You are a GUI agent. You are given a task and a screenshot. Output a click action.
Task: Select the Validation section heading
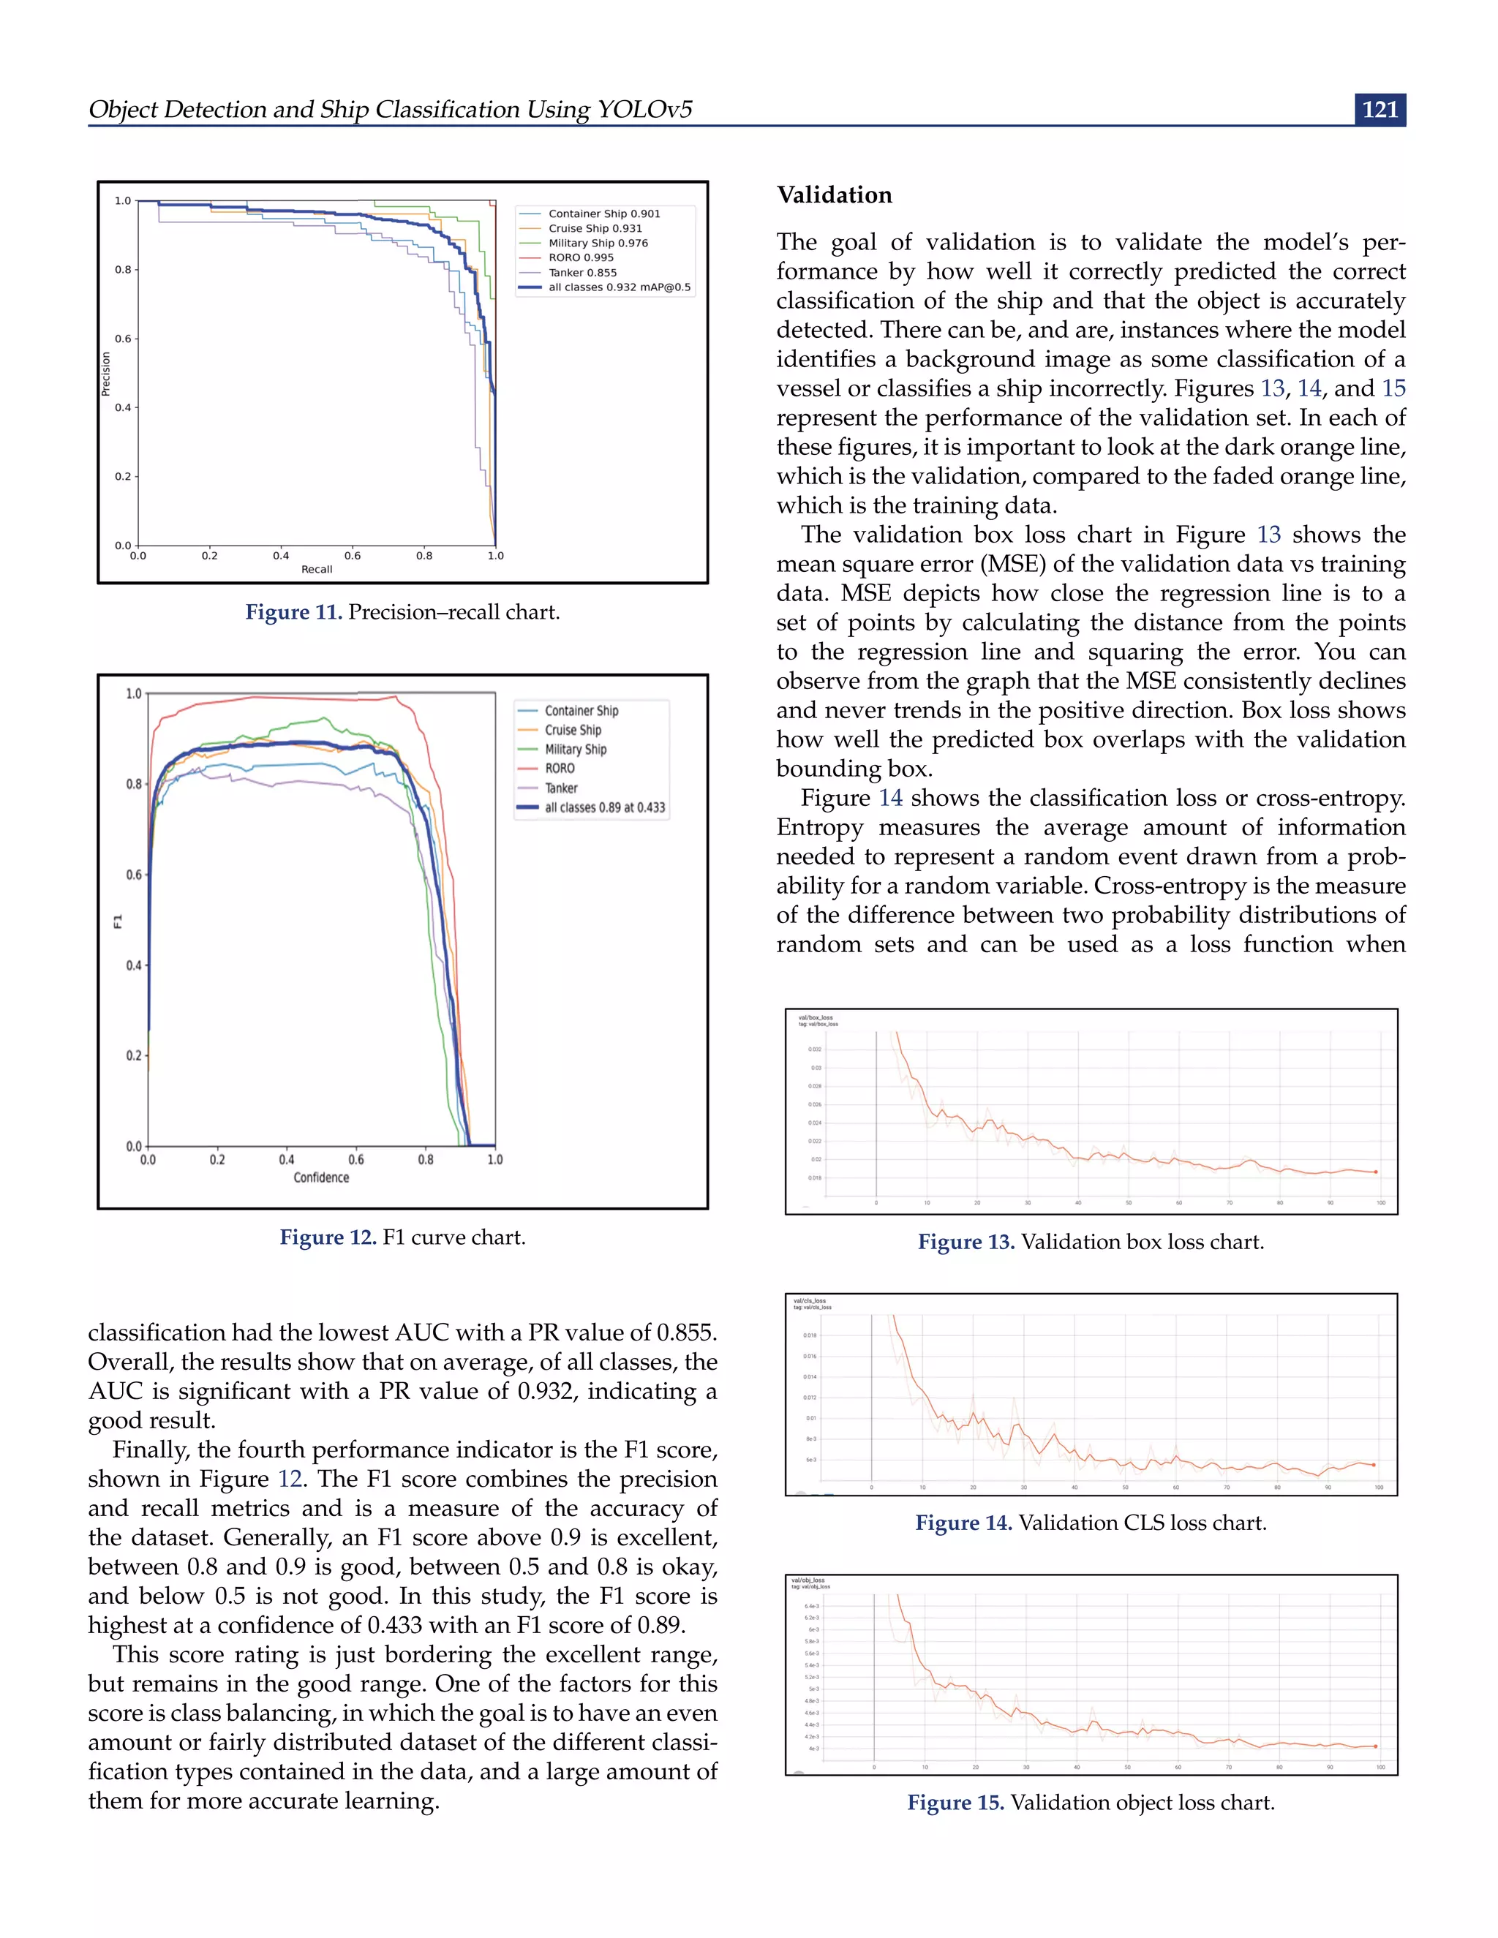834,195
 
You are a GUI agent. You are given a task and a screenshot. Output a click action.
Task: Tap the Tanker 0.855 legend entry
582,273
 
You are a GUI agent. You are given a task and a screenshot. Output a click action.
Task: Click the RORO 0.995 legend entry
580,257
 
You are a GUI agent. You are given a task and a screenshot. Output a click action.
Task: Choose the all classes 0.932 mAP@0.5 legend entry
619,287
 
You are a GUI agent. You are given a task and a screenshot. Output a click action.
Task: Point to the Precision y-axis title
105,374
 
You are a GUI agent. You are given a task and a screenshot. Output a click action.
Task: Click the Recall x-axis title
317,570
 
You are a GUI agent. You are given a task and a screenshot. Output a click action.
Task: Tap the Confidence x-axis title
321,1177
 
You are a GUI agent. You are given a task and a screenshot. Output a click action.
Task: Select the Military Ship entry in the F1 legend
575,749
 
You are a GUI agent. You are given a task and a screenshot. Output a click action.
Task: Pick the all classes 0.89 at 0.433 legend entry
604,807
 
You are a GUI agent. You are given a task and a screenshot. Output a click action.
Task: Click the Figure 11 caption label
293,612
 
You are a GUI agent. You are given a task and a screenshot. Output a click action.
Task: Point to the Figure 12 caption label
328,1238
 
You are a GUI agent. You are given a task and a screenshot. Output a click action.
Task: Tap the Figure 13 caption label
966,1243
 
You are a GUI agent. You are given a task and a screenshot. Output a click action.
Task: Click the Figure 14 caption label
963,1523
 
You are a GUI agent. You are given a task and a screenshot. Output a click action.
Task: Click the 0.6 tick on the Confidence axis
356,1160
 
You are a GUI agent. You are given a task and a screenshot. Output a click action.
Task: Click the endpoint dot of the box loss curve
1376,1172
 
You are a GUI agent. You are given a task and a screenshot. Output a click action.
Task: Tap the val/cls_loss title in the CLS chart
810,1301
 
